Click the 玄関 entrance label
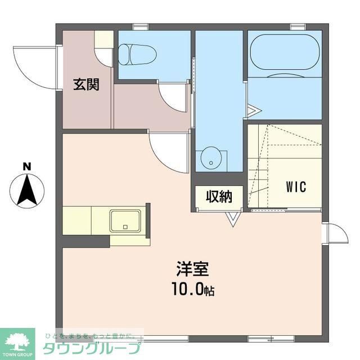(86, 85)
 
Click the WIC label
(295, 186)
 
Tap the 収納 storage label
(219, 197)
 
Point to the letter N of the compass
(26, 166)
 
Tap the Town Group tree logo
(17, 341)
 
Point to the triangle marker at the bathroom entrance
(252, 109)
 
